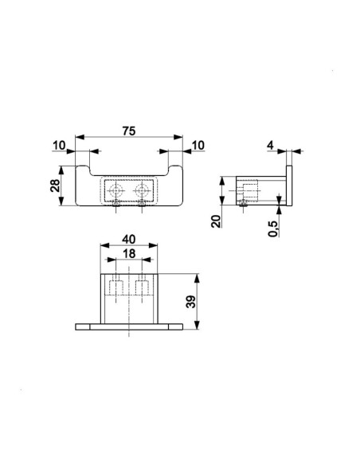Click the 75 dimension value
pyautogui.click(x=129, y=131)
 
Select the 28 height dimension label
pyautogui.click(x=55, y=186)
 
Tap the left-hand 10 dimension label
pyautogui.click(x=59, y=146)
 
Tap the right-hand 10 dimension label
pyautogui.click(x=198, y=146)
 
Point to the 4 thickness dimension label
pyautogui.click(x=270, y=146)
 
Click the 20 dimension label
pyautogui.click(x=216, y=221)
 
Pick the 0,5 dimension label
pyautogui.click(x=273, y=229)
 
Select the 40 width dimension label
pyautogui.click(x=129, y=240)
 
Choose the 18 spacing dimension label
pyautogui.click(x=129, y=253)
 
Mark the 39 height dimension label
pyautogui.click(x=190, y=302)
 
